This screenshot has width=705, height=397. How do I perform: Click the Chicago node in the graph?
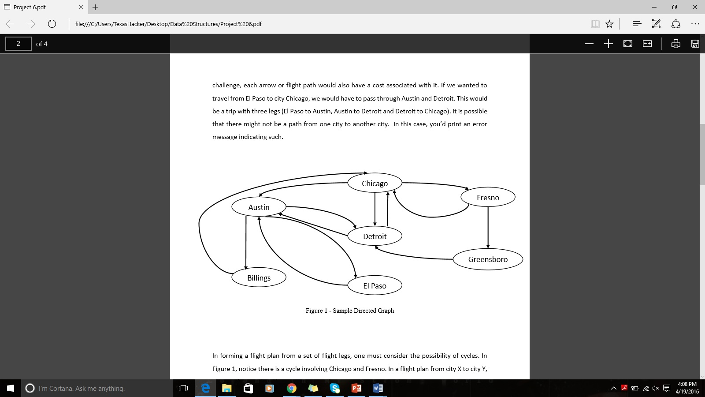(375, 183)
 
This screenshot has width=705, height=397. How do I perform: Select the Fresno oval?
(488, 197)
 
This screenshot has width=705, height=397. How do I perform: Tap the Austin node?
(259, 207)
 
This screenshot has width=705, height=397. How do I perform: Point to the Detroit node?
(375, 236)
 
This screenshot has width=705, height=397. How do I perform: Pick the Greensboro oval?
(488, 259)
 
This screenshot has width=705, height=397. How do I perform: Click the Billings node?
(259, 277)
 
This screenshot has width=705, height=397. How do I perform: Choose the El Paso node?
(375, 285)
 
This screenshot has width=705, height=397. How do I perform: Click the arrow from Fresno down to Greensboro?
(488, 227)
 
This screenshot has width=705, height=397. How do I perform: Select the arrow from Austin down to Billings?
(246, 243)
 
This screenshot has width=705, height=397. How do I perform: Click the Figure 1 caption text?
(350, 311)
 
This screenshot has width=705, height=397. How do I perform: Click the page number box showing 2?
(19, 44)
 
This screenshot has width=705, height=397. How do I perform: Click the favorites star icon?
(609, 24)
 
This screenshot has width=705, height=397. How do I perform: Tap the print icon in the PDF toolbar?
(675, 44)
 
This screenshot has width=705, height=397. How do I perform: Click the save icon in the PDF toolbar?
(695, 44)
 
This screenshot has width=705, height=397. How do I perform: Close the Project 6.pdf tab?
(81, 7)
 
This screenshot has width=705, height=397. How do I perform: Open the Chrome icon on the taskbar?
(291, 388)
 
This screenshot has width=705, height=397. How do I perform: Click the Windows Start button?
(11, 388)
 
